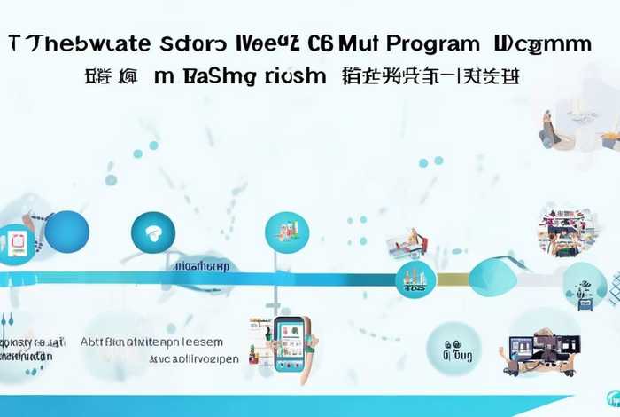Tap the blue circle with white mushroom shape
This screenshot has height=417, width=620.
(x=153, y=233)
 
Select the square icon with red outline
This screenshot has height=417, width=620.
(x=17, y=244)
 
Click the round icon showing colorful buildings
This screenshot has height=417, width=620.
(x=286, y=233)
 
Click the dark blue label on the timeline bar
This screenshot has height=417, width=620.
(x=202, y=265)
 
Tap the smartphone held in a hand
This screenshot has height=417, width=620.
(x=290, y=342)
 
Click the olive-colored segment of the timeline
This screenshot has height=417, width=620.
(x=452, y=279)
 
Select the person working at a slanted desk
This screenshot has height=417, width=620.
(x=407, y=242)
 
